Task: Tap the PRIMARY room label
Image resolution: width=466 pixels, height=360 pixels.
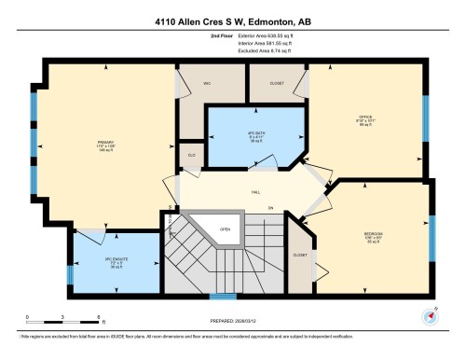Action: tap(78, 143)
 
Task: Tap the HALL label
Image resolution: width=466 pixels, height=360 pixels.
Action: tap(254, 192)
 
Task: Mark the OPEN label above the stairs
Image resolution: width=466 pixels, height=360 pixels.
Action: tap(225, 228)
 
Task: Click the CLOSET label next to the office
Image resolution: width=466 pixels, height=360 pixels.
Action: tap(278, 82)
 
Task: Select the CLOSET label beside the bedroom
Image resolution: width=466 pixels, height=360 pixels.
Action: tap(299, 254)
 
